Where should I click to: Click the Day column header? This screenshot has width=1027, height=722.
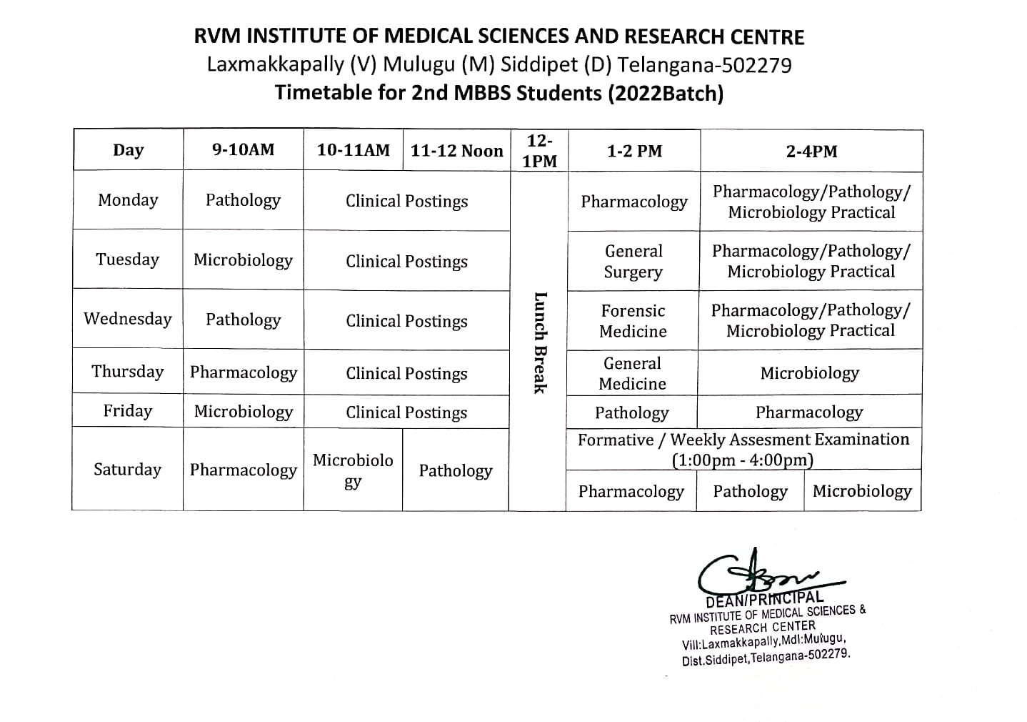tap(128, 150)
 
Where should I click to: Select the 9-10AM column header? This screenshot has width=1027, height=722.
tap(243, 150)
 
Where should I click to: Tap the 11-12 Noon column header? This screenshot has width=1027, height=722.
tap(456, 151)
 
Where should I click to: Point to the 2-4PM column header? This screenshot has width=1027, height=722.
tap(811, 152)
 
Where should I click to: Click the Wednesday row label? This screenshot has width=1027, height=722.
tap(128, 319)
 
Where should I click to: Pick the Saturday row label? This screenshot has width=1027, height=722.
tap(127, 470)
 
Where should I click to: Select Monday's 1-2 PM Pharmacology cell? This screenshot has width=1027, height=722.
tap(633, 202)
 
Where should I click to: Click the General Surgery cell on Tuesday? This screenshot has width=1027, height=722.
tap(633, 262)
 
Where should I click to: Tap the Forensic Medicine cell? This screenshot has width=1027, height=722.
tap(633, 321)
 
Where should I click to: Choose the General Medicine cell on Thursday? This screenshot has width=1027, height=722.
tap(632, 373)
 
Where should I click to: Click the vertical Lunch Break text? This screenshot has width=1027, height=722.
tap(540, 342)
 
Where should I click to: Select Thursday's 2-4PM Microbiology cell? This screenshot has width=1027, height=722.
tap(809, 373)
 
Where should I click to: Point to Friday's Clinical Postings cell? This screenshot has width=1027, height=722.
tap(406, 412)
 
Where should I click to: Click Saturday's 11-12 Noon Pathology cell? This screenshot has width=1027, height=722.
tap(456, 470)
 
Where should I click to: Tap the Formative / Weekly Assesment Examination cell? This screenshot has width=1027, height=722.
tap(743, 449)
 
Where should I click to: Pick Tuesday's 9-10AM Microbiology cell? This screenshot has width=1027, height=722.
tap(243, 260)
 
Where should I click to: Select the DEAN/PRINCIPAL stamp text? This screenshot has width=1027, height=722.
tap(764, 599)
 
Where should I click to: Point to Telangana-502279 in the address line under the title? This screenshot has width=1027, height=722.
tap(704, 65)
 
